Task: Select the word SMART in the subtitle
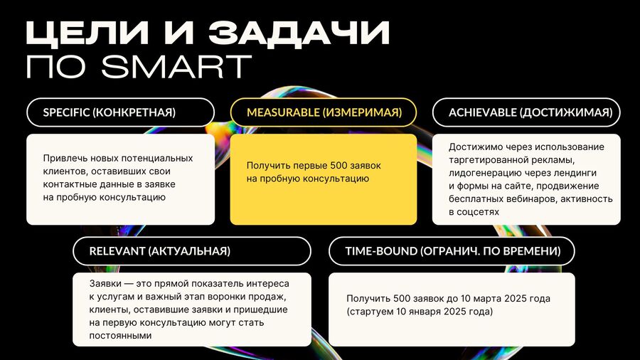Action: click(176, 67)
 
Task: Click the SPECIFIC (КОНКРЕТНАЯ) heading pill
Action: click(120, 112)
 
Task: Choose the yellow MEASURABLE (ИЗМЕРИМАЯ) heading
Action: click(324, 112)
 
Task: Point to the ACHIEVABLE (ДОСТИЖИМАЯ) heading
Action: click(526, 112)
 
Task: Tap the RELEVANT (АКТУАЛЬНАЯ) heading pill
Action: click(192, 251)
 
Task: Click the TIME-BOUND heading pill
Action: click(452, 251)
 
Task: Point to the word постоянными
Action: click(120, 336)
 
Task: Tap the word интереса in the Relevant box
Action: click(271, 284)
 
